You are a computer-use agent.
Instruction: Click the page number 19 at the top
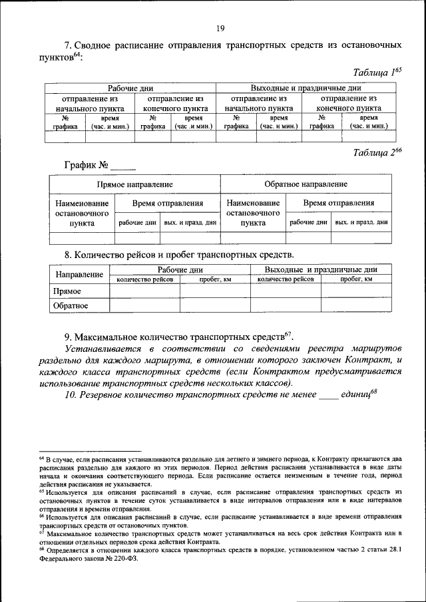point(221,27)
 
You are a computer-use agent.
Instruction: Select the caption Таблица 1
point(375,72)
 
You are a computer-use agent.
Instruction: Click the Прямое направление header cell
point(134,184)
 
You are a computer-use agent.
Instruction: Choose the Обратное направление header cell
point(306,184)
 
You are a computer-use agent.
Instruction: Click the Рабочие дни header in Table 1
point(130,88)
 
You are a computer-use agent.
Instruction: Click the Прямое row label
point(67,291)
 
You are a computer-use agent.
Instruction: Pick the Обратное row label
point(71,306)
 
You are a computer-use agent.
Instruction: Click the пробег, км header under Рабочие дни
point(214,279)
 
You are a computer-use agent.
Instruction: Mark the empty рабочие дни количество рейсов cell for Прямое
point(144,291)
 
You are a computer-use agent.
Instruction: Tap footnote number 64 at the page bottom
point(41,460)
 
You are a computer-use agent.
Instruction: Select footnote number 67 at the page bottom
point(41,533)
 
